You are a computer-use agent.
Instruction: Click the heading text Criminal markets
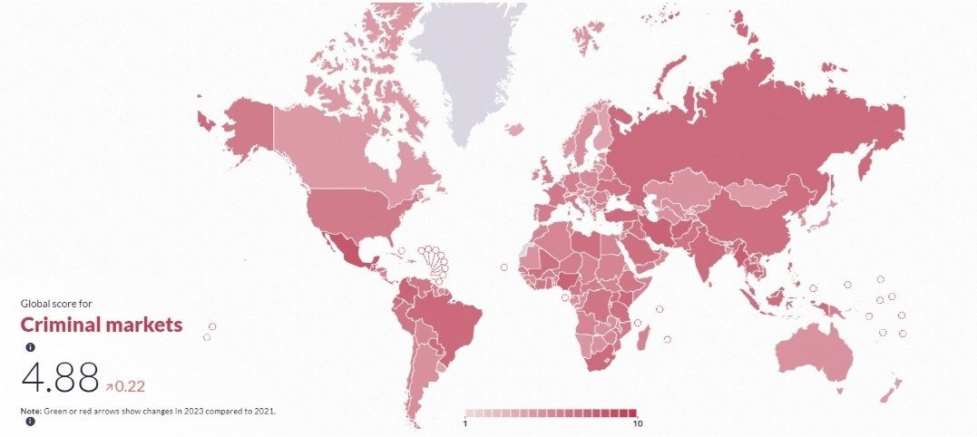(x=102, y=325)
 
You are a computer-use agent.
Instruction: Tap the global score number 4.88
(x=60, y=377)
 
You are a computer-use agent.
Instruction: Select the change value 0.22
(x=130, y=385)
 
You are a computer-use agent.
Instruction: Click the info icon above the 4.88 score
(x=30, y=347)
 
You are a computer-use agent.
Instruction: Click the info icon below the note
(x=30, y=422)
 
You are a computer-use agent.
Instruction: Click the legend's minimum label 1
(x=465, y=423)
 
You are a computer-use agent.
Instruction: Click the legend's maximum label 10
(x=637, y=423)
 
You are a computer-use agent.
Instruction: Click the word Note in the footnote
(x=30, y=411)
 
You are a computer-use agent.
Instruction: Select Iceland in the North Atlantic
(x=514, y=129)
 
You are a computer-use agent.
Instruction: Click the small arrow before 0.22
(x=109, y=386)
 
